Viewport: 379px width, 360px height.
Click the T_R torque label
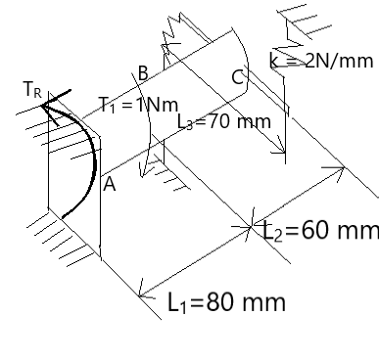tap(33, 89)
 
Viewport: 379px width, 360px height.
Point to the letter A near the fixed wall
tap(110, 185)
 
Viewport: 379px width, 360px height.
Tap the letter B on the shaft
tap(143, 73)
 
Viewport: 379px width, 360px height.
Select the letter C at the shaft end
tap(238, 77)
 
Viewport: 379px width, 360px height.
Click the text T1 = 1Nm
tap(138, 105)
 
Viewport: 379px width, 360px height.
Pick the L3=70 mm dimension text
tap(224, 122)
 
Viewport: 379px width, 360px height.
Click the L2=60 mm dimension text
tap(321, 231)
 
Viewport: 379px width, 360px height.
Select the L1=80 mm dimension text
tap(226, 302)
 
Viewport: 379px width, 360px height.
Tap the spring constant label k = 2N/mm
tap(321, 61)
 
